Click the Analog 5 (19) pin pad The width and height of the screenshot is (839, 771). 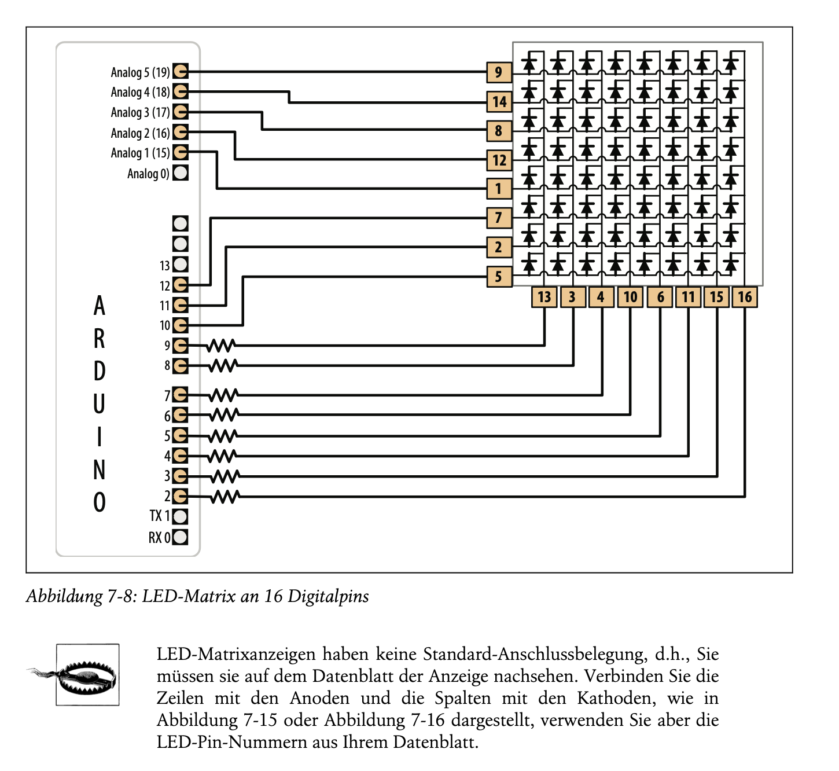(x=181, y=71)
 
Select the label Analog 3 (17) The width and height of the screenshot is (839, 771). (x=140, y=112)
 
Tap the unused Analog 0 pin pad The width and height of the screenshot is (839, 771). (x=181, y=172)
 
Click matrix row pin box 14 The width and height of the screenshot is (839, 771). (x=499, y=102)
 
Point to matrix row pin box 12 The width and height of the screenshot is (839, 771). (x=499, y=160)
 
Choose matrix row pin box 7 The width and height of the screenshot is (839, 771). (x=499, y=218)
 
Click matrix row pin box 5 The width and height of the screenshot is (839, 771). (x=499, y=277)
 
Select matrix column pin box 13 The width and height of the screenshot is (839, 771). (x=544, y=297)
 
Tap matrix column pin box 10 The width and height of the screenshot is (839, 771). (x=630, y=297)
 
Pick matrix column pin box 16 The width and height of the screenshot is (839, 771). (x=745, y=297)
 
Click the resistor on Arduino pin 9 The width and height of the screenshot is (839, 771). (x=221, y=346)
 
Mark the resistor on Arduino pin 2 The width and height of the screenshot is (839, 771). (x=225, y=497)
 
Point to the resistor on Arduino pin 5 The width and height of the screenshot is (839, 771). (x=223, y=436)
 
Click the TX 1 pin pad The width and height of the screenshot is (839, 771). (x=181, y=516)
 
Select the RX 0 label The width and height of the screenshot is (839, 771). (x=159, y=537)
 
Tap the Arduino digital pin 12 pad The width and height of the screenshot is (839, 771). (x=181, y=285)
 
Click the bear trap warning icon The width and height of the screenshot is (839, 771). (x=87, y=675)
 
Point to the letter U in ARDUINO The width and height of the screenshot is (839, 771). (x=99, y=404)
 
